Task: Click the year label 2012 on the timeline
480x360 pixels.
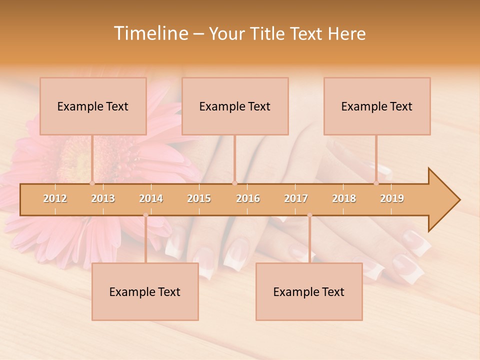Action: [55, 198]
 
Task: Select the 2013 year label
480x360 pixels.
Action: [103, 198]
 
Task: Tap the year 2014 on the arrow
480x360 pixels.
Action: [151, 198]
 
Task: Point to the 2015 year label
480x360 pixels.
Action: [199, 198]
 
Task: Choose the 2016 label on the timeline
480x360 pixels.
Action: [248, 198]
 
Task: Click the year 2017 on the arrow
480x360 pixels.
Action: [296, 198]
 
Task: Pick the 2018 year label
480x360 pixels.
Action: [344, 198]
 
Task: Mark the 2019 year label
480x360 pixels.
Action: [392, 198]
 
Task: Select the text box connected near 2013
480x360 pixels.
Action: [93, 106]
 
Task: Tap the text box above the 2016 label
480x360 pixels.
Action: [235, 106]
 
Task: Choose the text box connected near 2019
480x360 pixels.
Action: [377, 106]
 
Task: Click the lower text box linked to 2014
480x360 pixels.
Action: [145, 291]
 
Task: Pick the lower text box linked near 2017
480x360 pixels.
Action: [309, 291]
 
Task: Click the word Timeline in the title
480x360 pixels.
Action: [150, 33]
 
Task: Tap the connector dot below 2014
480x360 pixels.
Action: [145, 215]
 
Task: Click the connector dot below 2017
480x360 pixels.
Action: [309, 215]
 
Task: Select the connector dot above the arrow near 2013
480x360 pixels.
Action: [92, 183]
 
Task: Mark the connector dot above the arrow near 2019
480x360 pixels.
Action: [376, 183]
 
